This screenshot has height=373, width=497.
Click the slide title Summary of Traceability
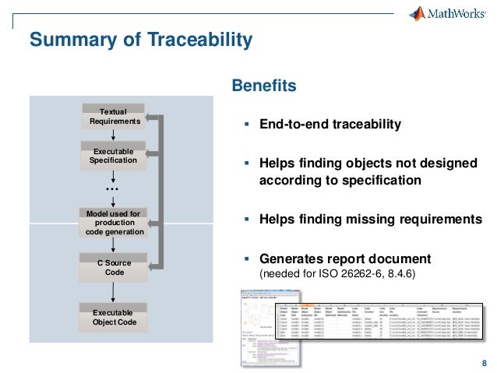[140, 39]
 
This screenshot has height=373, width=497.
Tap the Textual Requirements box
[115, 117]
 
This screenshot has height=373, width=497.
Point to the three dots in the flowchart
[112, 190]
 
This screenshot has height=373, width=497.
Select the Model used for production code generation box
[114, 223]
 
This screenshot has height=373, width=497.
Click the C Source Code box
[115, 268]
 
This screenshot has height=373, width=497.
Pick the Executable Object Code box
[114, 316]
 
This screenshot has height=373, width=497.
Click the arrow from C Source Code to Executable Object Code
[114, 292]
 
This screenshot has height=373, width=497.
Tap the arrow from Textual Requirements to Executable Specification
[114, 135]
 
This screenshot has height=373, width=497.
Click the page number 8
[485, 364]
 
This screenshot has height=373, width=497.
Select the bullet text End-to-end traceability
[330, 125]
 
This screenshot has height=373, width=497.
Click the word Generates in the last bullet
[291, 259]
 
